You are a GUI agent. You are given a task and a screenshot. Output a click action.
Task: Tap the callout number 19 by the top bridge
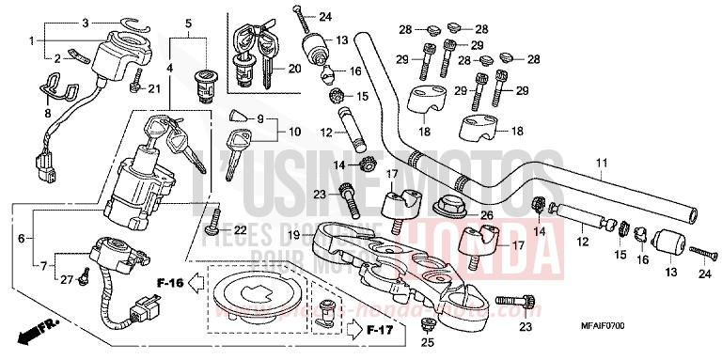[x=294, y=234]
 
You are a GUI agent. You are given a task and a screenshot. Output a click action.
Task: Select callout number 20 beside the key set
[x=294, y=68]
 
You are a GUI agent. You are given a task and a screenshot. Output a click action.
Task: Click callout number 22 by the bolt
[x=240, y=230]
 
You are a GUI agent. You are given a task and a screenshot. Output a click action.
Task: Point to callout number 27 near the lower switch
[x=66, y=279]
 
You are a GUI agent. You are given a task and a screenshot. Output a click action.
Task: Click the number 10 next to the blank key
[x=269, y=131]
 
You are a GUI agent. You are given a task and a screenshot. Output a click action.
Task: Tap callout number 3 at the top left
[x=85, y=22]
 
